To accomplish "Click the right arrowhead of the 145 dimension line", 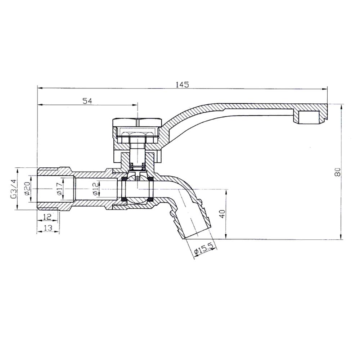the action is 324,89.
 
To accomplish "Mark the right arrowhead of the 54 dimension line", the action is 135,105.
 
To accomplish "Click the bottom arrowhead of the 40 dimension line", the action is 226,236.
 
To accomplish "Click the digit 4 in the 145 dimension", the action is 182,85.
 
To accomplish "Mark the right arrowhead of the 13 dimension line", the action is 57,231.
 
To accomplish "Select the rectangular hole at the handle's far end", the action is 309,117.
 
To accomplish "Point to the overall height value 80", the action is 337,172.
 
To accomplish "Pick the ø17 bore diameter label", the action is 59,189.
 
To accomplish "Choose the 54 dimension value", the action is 87,101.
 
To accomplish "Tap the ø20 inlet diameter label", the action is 27,189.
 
